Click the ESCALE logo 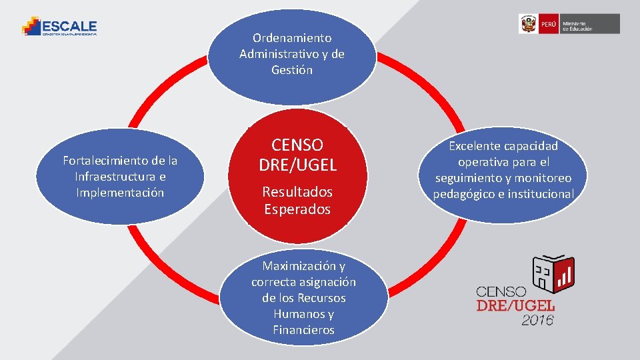point(59,27)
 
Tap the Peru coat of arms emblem point(529,24)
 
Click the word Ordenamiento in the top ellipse point(292,38)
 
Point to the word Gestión point(292,70)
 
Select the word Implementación point(120,193)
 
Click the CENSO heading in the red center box point(297,145)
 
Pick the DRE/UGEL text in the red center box point(297,165)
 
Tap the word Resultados point(297,192)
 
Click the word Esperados point(297,209)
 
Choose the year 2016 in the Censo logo point(537,320)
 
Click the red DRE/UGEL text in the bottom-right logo point(515,305)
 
